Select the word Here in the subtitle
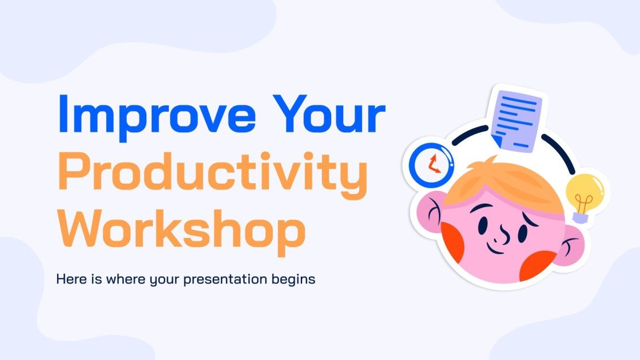[x=68, y=280]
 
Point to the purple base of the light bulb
[x=581, y=216]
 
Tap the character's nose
[x=503, y=234]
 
